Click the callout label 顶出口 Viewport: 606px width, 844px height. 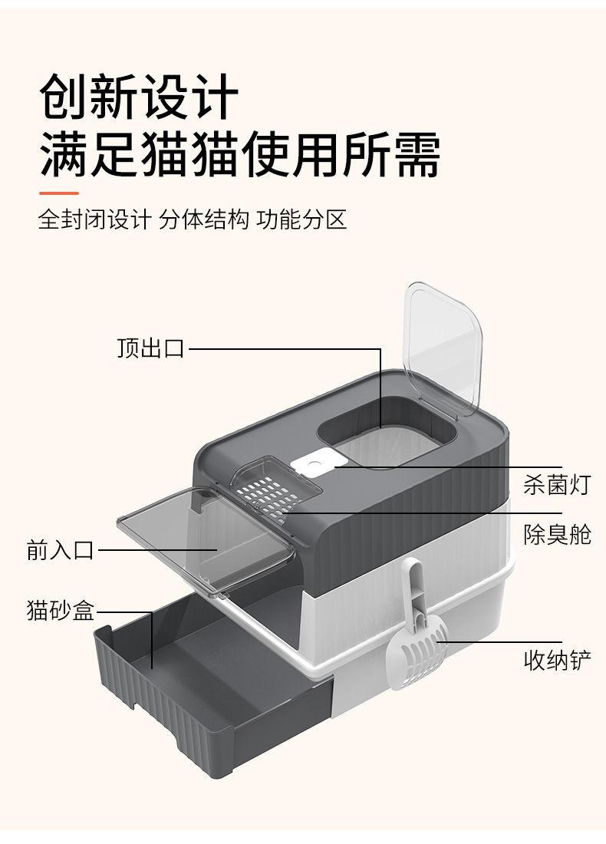[x=151, y=349]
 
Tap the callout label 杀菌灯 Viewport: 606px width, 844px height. [x=557, y=485]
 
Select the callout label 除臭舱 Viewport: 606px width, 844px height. [x=557, y=534]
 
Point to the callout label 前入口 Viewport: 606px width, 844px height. [x=60, y=550]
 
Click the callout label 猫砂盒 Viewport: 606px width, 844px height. [x=60, y=612]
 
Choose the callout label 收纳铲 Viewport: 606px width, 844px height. [x=557, y=660]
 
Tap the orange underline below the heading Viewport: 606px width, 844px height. [x=59, y=193]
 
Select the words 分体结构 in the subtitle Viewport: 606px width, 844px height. [x=204, y=220]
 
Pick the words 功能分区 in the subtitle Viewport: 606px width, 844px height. [x=302, y=220]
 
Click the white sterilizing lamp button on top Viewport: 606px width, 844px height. [x=314, y=465]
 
